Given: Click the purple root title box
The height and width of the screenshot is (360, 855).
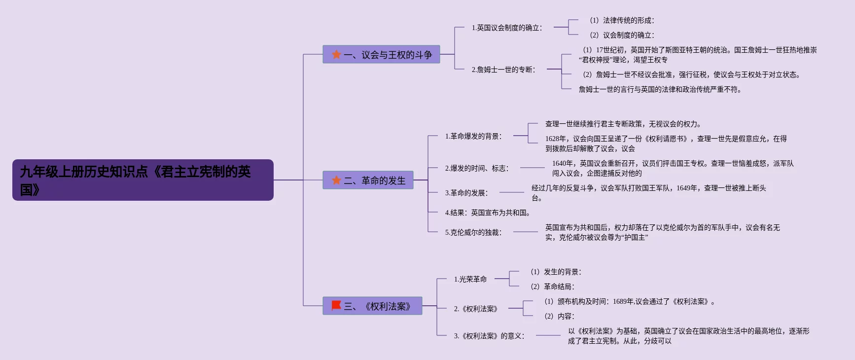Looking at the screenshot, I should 142,180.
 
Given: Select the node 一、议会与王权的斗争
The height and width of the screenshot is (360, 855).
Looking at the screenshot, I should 381,55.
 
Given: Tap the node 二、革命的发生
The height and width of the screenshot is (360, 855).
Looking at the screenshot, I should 368,180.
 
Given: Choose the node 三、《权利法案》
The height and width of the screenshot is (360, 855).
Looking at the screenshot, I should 372,306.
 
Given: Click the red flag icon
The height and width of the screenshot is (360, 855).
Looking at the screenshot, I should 336,306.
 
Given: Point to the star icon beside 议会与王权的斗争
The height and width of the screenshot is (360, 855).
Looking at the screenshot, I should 336,55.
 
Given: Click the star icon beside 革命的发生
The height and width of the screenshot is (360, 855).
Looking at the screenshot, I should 336,180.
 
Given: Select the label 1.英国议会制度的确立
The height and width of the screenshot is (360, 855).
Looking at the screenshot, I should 506,28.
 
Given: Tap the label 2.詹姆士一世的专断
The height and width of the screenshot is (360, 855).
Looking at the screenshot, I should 503,70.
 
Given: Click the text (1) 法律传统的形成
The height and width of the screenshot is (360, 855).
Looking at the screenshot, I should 622,20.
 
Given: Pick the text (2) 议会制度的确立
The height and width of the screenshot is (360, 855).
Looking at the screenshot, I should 622,35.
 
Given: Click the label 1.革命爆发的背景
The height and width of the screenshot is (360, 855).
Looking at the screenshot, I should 473,136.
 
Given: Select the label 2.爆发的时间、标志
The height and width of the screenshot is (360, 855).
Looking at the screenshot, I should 476,168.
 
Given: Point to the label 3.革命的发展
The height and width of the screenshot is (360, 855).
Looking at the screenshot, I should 466,193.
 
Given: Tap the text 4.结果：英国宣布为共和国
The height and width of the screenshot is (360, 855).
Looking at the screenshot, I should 487,213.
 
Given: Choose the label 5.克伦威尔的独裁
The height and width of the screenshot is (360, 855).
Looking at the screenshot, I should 473,232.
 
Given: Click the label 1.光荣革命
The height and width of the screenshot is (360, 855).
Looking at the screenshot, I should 470,279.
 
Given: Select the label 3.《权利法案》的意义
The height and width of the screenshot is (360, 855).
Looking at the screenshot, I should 489,336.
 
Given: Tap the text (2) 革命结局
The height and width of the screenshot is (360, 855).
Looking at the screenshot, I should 552,287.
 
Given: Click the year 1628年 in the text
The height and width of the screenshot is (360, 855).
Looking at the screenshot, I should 556,139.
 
